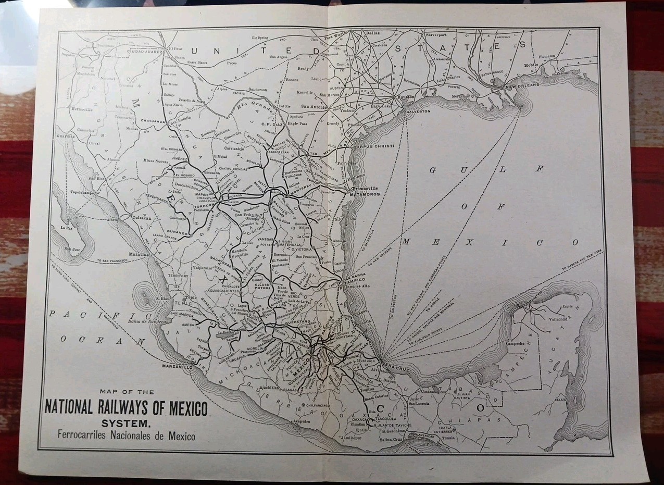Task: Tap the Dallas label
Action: tap(373, 33)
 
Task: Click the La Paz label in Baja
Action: tap(66, 228)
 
